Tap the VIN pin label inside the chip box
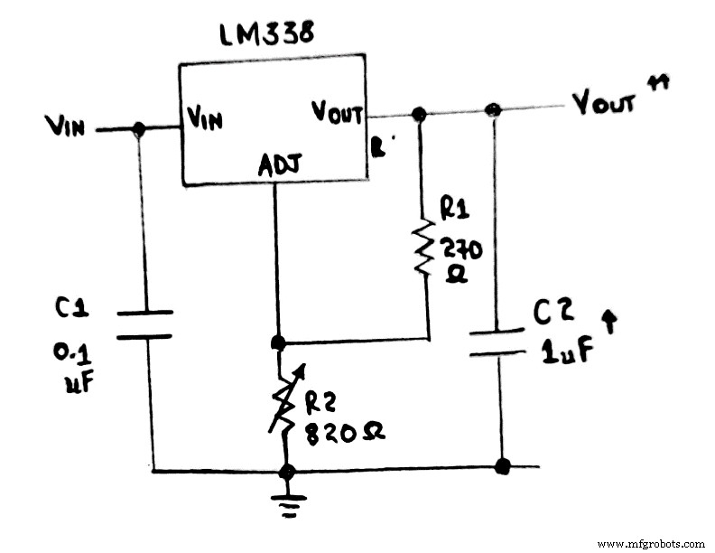[x=205, y=117]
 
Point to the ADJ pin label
[x=279, y=165]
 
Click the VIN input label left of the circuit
[x=64, y=127]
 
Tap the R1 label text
[x=453, y=208]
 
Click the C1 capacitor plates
[x=144, y=324]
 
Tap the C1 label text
[x=71, y=307]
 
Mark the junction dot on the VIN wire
[x=138, y=130]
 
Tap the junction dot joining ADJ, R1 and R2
[x=278, y=342]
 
